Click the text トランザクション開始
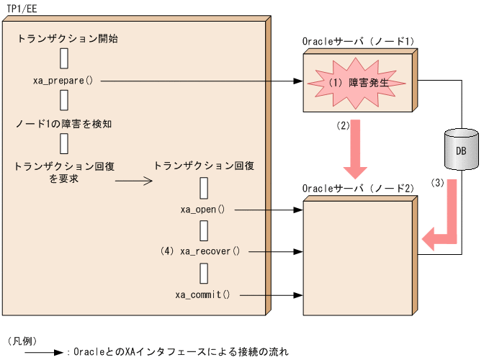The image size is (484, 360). pos(67,39)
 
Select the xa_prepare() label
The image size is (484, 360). pos(63,80)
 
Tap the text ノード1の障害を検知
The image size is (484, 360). pos(63,123)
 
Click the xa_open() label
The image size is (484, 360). pos(203,210)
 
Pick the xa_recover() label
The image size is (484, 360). pos(210,251)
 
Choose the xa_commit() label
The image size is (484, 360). pos(202,294)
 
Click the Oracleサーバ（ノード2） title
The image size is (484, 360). pos(358,189)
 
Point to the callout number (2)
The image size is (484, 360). pos(343,125)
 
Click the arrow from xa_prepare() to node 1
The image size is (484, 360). pos(202,81)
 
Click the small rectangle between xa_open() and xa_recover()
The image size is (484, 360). pos(204,230)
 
